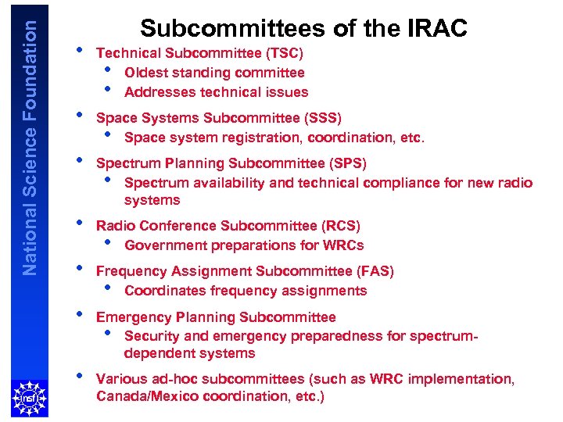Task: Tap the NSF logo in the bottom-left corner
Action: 29,399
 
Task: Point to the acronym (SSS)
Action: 322,118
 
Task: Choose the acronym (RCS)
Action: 341,226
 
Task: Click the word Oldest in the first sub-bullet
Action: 146,73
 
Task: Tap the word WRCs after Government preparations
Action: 343,245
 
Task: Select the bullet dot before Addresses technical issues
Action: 107,89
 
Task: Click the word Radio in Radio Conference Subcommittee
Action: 114,226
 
